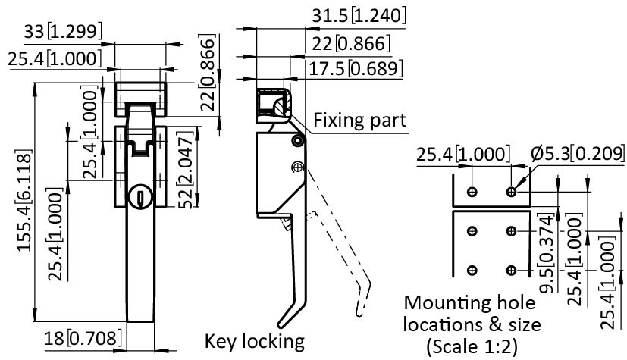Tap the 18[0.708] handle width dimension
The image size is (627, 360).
pyautogui.click(x=82, y=338)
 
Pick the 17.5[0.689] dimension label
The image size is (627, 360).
pyautogui.click(x=354, y=69)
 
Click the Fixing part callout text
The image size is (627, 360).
pyautogui.click(x=359, y=120)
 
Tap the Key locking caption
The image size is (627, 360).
pyautogui.click(x=254, y=340)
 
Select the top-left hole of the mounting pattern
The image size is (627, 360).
pyautogui.click(x=472, y=191)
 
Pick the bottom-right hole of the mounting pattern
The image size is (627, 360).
pyautogui.click(x=511, y=270)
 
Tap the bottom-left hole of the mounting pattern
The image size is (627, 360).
pyautogui.click(x=472, y=270)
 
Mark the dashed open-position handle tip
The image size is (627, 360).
pyautogui.click(x=359, y=308)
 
